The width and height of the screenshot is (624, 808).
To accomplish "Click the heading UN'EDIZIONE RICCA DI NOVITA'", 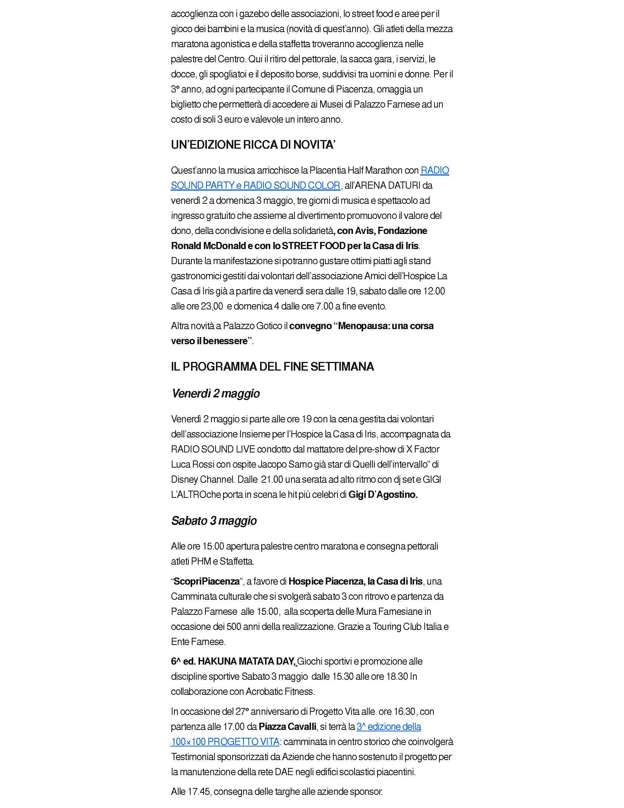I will click(253, 145).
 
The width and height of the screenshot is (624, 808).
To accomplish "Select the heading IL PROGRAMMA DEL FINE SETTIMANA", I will click(272, 366).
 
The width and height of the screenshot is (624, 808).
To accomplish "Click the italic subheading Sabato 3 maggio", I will click(214, 521).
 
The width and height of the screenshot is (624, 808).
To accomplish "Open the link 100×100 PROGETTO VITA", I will click(225, 742).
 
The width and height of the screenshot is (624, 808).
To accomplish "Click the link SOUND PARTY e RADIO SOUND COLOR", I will click(256, 185).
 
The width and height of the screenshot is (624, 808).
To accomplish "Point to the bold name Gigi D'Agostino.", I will click(383, 494).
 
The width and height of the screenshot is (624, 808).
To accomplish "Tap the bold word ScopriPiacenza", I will click(206, 581).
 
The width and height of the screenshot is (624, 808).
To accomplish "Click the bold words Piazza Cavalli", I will click(287, 726).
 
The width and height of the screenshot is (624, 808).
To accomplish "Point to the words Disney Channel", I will click(202, 479).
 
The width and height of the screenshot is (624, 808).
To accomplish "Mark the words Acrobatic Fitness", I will click(280, 691).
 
